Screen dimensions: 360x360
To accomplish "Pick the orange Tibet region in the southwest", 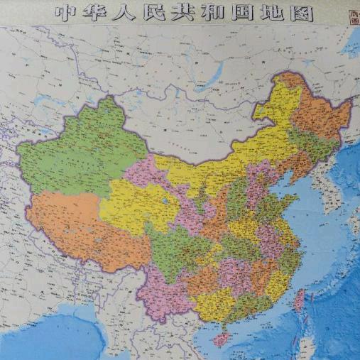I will [78, 227].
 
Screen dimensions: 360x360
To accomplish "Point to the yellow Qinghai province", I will [135, 206].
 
